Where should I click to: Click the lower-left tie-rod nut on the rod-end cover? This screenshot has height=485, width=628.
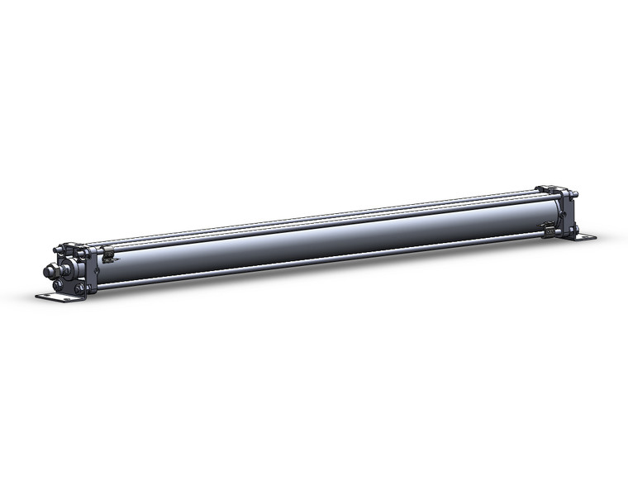click(x=58, y=285)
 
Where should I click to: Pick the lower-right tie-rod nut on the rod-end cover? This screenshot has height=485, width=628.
click(x=80, y=288)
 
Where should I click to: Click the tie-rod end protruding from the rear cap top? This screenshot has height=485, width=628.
click(x=575, y=195)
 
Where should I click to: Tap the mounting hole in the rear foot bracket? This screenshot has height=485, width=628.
click(x=588, y=238)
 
